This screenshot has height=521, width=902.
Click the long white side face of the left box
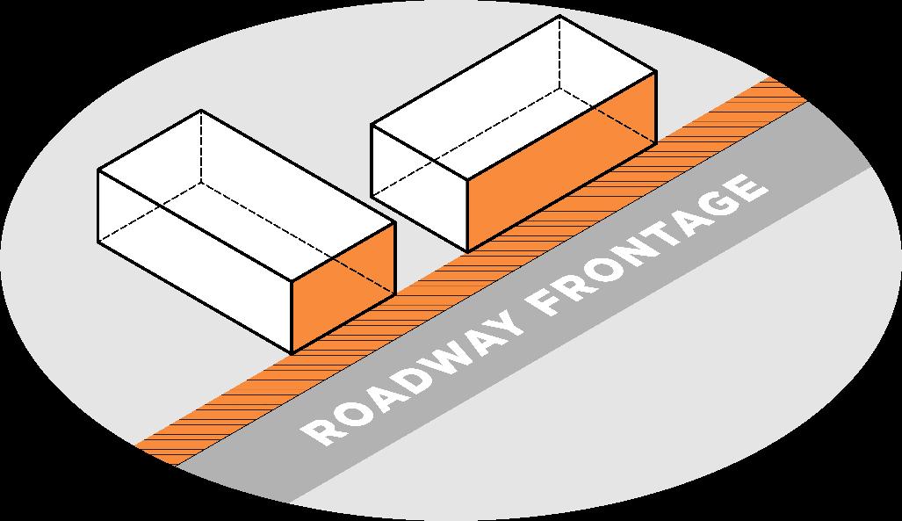[193, 255]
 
